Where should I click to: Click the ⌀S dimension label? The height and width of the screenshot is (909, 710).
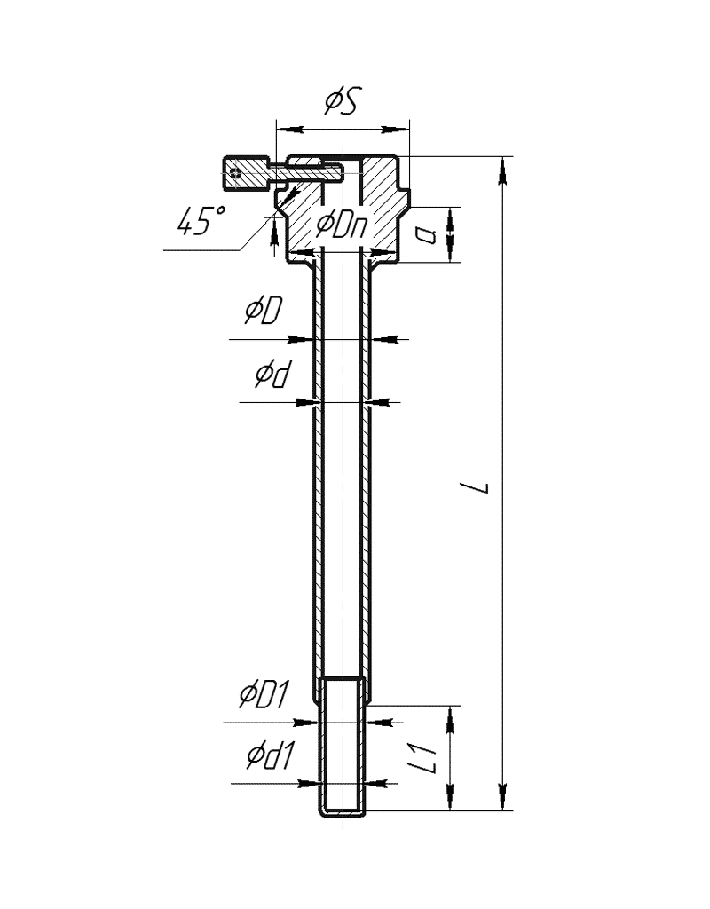(343, 101)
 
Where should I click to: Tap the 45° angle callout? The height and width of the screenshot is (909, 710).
(201, 221)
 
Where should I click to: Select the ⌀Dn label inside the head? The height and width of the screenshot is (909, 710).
(342, 225)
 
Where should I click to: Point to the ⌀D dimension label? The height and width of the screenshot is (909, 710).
(263, 310)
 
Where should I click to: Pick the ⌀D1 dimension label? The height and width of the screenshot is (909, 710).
(264, 694)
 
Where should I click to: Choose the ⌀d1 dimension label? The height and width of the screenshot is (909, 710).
(271, 755)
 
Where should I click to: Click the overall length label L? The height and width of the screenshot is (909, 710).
(481, 487)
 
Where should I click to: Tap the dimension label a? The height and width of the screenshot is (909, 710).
(427, 234)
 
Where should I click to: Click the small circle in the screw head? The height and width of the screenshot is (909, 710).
(234, 173)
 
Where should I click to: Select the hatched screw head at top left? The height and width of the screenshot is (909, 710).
(246, 173)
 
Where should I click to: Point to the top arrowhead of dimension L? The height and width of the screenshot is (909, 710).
(503, 170)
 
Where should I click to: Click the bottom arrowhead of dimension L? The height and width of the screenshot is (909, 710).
(503, 795)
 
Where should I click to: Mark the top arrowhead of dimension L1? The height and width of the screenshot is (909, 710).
(449, 721)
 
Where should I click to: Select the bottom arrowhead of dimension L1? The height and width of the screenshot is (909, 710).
(449, 796)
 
